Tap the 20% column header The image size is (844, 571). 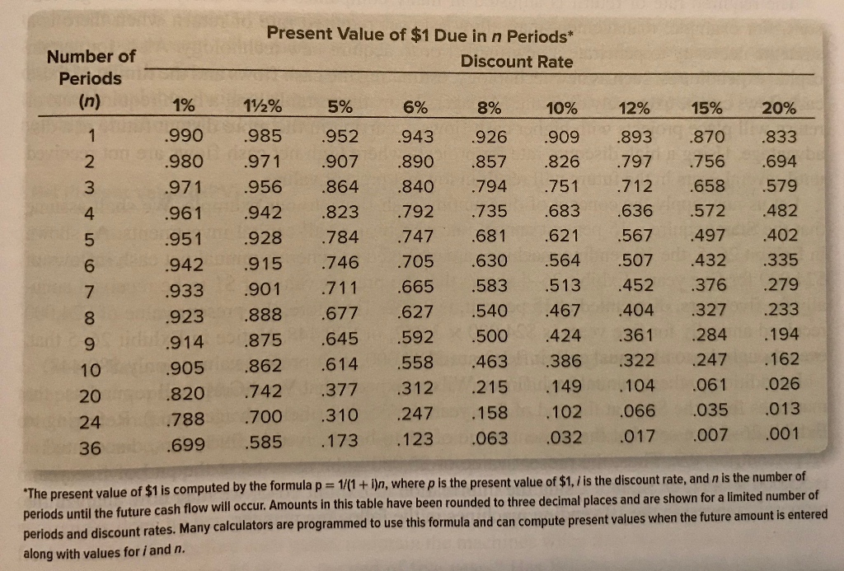pos(778,110)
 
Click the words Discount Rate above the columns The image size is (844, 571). pos(516,62)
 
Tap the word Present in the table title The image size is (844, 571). pos(298,34)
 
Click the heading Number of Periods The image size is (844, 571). pos(91,68)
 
